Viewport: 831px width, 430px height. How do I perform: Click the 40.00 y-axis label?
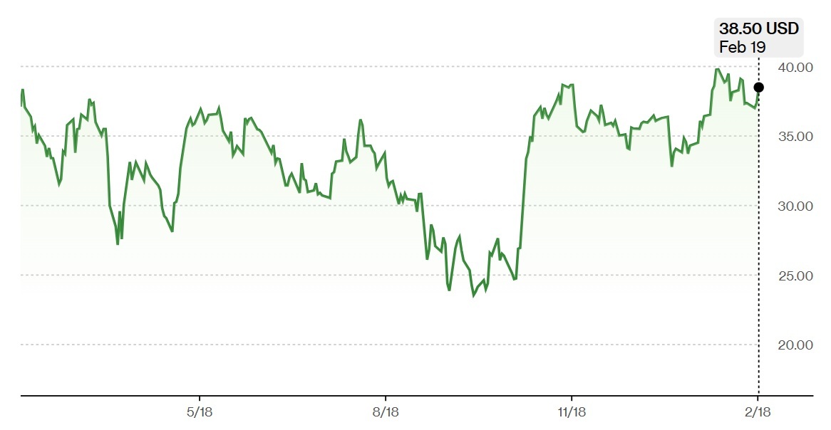795,68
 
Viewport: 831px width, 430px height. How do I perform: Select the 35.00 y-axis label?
795,137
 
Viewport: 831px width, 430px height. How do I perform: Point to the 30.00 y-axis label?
795,206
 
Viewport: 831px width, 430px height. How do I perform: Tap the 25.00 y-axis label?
795,276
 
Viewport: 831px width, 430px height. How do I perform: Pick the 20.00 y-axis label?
795,345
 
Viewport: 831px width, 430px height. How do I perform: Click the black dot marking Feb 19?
758,88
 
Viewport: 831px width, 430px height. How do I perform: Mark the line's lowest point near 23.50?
474,295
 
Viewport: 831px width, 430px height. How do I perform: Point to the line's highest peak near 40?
717,69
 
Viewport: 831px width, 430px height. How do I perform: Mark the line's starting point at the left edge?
21,105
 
